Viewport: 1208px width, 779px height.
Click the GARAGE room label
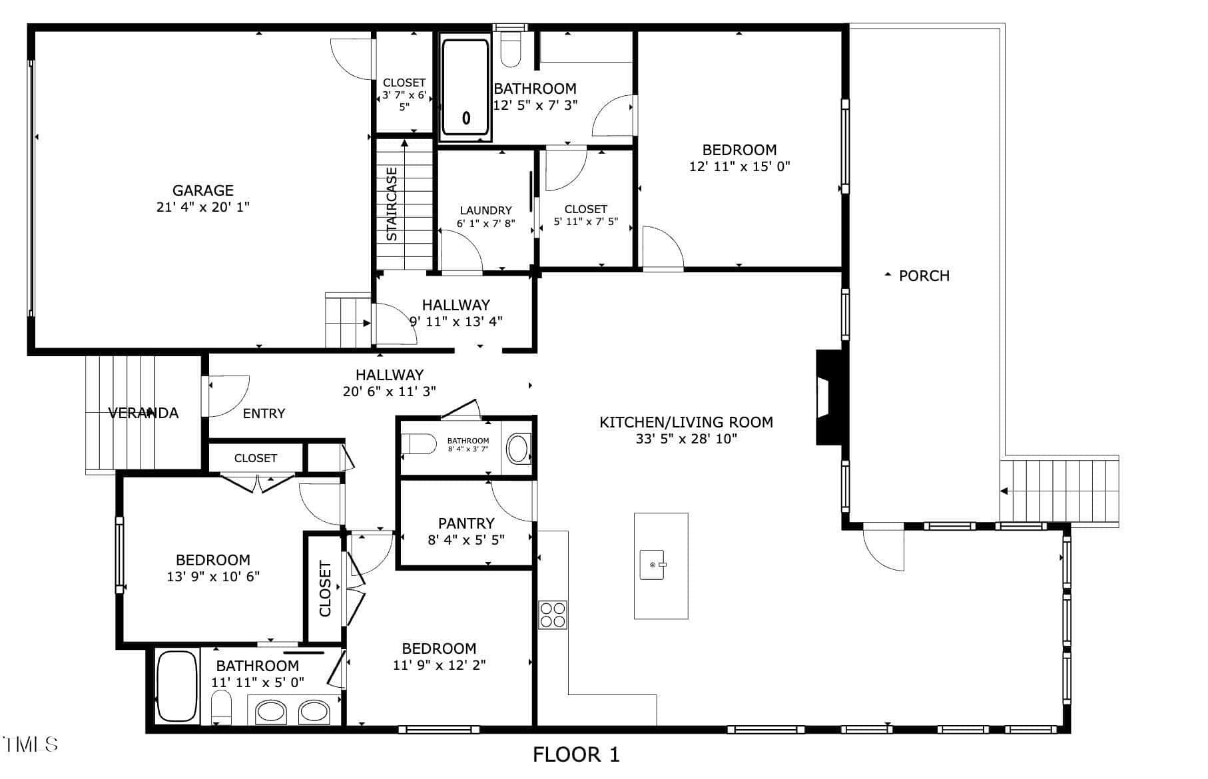(202, 190)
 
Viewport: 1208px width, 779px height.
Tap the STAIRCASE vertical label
(392, 204)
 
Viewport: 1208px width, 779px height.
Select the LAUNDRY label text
(486, 210)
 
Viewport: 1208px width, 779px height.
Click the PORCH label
(924, 276)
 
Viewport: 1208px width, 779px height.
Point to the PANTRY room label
(466, 523)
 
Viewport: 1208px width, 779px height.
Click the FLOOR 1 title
(576, 754)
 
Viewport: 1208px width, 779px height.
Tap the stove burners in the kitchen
(552, 615)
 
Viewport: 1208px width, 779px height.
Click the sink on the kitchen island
(653, 565)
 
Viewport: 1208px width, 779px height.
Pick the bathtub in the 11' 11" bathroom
(176, 686)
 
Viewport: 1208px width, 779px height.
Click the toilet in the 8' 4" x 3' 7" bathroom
(419, 443)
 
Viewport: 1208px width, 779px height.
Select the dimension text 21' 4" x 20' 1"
(202, 207)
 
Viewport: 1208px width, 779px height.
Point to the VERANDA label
(144, 413)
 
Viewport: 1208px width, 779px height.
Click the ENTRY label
(264, 413)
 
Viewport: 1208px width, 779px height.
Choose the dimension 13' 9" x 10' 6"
(213, 577)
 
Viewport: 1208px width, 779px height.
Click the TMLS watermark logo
(30, 744)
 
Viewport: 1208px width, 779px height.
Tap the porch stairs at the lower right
(1059, 491)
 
